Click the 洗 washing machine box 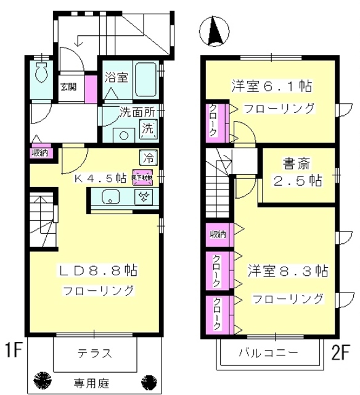pyautogui.click(x=149, y=130)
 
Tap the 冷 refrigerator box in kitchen pyautogui.click(x=149, y=157)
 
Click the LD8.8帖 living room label pyautogui.click(x=97, y=270)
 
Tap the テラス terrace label pyautogui.click(x=94, y=354)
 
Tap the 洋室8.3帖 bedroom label pyautogui.click(x=288, y=270)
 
